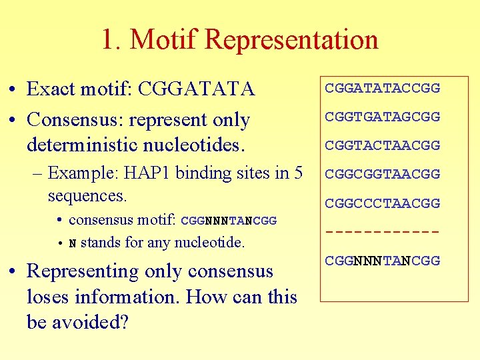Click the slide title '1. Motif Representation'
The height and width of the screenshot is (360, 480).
(239, 39)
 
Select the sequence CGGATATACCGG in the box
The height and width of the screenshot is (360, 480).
(382, 88)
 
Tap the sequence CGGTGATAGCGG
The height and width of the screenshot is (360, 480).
(382, 117)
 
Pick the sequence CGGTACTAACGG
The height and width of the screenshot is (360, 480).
(382, 145)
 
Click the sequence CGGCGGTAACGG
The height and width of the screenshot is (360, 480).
(382, 174)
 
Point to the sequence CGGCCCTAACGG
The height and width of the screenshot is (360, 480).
(382, 203)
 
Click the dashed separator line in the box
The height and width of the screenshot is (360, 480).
(382, 232)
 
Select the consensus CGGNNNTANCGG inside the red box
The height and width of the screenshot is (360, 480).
(382, 261)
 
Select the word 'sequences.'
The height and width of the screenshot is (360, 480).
(87, 196)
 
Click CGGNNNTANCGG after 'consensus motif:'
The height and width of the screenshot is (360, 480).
(229, 221)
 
